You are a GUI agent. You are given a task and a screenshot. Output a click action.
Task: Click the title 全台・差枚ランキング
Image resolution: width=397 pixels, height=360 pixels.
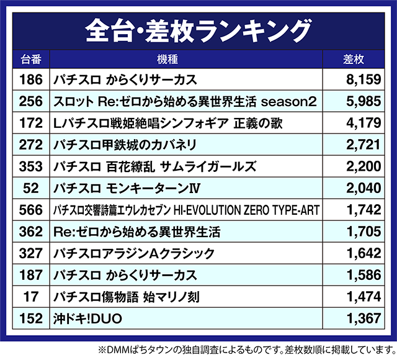[198, 29]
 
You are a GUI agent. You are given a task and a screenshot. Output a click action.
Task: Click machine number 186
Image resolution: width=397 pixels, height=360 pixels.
[30, 79]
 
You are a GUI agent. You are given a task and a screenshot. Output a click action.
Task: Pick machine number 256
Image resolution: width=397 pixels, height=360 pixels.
[30, 101]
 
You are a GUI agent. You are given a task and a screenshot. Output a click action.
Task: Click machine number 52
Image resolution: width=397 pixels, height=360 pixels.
[30, 188]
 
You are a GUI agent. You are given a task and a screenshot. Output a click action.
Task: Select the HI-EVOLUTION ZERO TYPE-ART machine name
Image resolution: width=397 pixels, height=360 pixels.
[186, 210]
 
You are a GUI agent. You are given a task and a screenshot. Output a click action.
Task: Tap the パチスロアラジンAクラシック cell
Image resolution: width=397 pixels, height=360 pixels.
[134, 254]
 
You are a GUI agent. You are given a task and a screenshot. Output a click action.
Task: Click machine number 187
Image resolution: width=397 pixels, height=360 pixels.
[30, 276]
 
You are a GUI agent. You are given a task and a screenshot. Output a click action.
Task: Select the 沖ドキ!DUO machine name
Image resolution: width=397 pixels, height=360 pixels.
[88, 319]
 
